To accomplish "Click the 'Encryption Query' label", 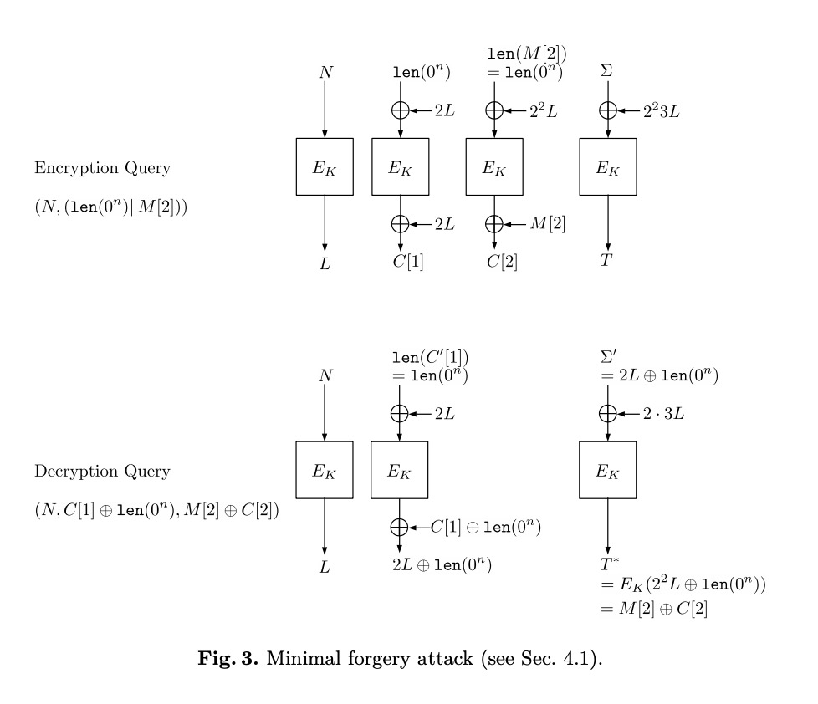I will [102, 168].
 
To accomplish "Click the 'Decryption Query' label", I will [102, 472].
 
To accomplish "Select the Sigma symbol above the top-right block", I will [607, 72].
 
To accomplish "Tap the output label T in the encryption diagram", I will [607, 261].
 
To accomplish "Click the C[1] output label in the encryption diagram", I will [409, 262].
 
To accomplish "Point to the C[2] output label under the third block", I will [503, 262].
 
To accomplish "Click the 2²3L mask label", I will [661, 110].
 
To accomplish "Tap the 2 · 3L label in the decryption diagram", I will [663, 413].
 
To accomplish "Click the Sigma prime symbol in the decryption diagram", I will [609, 358].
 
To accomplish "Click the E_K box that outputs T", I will [608, 167].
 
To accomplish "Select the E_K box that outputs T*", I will [608, 471].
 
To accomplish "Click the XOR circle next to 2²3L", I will [608, 110].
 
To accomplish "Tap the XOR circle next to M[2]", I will [494, 223].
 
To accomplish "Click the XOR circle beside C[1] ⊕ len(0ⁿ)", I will [400, 527].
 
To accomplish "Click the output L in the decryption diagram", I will [325, 566].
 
